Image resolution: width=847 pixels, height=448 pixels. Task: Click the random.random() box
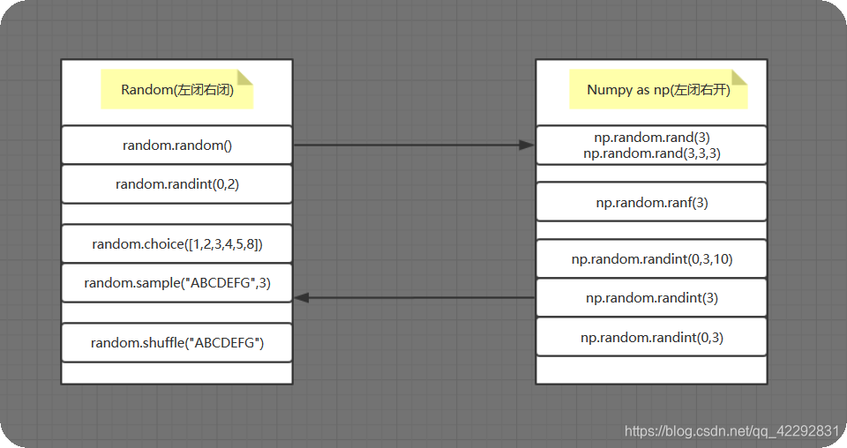(x=176, y=145)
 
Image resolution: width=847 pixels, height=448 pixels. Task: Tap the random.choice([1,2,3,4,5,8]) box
(x=176, y=244)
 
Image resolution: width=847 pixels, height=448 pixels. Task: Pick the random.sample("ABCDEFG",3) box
(x=176, y=283)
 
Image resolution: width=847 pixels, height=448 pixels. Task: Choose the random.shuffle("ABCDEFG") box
(x=176, y=342)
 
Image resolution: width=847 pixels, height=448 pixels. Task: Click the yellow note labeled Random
(x=176, y=89)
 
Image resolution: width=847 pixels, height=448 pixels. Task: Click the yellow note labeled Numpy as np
(x=658, y=89)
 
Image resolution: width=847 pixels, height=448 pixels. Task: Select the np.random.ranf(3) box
(x=651, y=202)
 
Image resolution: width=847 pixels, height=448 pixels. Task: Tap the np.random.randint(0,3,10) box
(x=651, y=259)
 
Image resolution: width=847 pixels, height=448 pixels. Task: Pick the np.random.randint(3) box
(x=651, y=298)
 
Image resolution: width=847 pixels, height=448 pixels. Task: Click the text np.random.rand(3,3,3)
(x=651, y=153)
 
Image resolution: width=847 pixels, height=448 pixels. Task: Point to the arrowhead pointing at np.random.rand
(x=527, y=145)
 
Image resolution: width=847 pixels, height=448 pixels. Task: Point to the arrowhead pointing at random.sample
(x=302, y=298)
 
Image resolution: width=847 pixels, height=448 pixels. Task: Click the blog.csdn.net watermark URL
(x=731, y=431)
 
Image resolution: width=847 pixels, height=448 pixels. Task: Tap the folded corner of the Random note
(x=245, y=77)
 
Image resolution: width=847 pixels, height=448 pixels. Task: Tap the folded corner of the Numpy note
(x=739, y=77)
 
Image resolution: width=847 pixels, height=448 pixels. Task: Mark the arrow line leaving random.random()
(x=406, y=145)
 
